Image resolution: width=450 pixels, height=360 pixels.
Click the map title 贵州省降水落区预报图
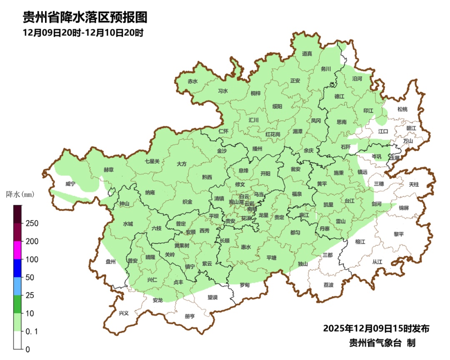coord(85,17)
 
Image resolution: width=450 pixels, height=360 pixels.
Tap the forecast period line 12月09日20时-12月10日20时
coord(83,33)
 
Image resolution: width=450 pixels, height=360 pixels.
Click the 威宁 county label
coord(70,184)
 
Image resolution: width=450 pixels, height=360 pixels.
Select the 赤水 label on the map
coord(192,82)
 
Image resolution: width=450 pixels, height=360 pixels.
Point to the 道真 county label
coord(307,53)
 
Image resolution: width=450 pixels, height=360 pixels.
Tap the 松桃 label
coord(402,109)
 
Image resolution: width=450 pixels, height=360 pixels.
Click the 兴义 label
coord(124,313)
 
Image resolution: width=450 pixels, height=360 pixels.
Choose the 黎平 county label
coord(399,234)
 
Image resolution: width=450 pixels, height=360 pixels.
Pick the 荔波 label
coord(328,285)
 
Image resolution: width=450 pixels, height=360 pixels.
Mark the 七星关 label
coord(152,161)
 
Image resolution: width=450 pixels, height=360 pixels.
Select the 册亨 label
coord(190,316)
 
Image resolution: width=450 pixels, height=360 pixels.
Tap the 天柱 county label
coord(414,184)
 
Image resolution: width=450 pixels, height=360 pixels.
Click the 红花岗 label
coord(273,135)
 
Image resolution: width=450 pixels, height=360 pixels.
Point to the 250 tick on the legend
coord(32,223)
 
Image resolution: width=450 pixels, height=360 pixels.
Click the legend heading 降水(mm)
coord(20,194)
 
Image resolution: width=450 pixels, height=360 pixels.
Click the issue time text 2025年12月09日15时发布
coord(376,328)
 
